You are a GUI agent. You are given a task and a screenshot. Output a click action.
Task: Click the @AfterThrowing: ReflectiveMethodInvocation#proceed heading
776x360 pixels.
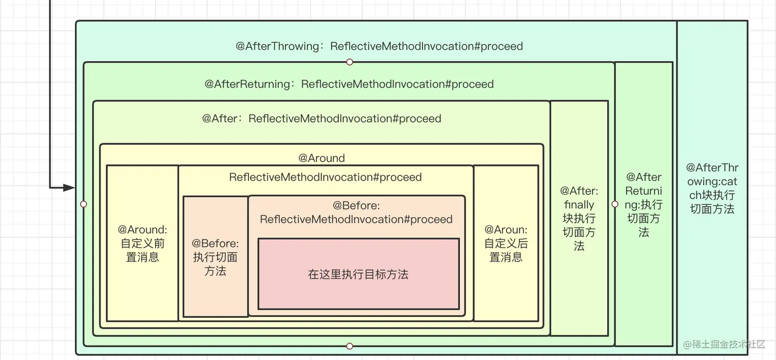click(379, 46)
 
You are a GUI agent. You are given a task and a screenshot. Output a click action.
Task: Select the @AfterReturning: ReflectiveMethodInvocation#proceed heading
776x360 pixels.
click(349, 84)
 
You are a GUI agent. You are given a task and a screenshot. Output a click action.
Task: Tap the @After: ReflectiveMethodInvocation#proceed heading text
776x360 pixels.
click(322, 119)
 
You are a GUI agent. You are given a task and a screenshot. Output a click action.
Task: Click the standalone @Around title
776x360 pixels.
click(322, 158)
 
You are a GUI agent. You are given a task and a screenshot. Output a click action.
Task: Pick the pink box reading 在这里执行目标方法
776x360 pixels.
click(358, 274)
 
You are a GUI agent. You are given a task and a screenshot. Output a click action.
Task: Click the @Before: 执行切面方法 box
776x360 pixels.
click(216, 257)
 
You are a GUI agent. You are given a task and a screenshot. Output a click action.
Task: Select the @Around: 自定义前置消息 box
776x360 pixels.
click(142, 243)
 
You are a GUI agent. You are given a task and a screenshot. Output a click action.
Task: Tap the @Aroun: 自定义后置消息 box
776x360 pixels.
click(506, 243)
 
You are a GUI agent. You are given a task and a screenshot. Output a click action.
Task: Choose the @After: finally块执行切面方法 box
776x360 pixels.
click(579, 218)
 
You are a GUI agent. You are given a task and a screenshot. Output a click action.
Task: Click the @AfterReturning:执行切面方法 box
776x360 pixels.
click(644, 204)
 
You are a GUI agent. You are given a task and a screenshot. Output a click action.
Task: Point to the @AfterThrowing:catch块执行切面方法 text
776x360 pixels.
click(712, 188)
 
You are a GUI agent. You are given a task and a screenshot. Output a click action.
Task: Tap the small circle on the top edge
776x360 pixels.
click(350, 62)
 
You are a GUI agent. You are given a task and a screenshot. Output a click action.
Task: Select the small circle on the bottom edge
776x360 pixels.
click(350, 346)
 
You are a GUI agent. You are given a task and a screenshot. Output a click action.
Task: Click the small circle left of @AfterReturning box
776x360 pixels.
click(615, 204)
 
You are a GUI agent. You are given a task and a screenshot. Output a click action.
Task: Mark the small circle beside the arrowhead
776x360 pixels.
click(84, 204)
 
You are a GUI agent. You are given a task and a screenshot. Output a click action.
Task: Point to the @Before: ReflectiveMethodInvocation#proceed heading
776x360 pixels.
click(356, 213)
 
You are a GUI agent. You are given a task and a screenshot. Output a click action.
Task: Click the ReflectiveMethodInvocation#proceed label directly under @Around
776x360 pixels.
click(325, 177)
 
